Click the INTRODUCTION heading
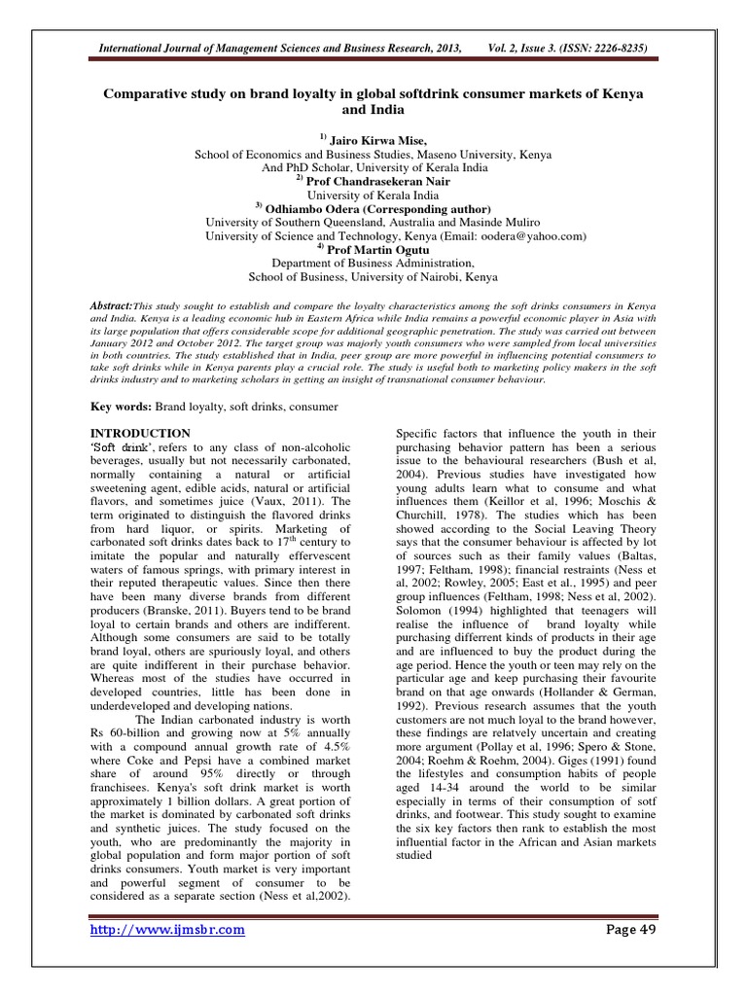click(x=140, y=432)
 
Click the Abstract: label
click(x=110, y=304)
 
